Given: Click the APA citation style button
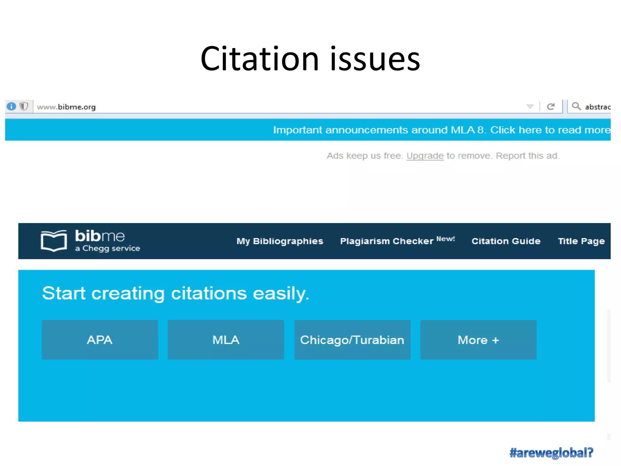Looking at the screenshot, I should point(100,339).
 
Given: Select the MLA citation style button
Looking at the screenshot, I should point(226,339).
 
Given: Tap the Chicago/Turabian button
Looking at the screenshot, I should point(352,339).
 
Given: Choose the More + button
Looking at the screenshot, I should point(478,339).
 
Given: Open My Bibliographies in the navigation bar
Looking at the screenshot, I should point(280,241).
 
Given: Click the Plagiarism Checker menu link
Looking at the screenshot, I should point(387,241).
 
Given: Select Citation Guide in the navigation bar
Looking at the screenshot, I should point(506,241).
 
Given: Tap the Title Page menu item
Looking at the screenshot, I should point(581,241).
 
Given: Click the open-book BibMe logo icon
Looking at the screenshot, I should point(54,241).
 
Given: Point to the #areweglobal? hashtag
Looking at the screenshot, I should point(551,453).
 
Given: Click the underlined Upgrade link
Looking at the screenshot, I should point(425,156).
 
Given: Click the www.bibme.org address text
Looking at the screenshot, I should point(66,107).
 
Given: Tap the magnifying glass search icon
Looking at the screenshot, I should point(576,106).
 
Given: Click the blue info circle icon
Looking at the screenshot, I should point(12,106).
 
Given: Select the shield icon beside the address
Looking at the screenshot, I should point(24,106).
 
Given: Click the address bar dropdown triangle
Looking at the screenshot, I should point(530,106).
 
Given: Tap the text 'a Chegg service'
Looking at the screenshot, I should point(107,248).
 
